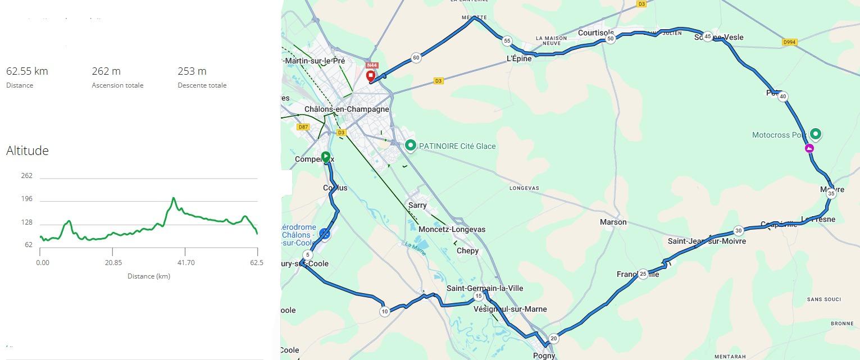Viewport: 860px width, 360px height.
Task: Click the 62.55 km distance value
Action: [x=27, y=71]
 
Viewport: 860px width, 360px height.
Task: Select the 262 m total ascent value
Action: [x=106, y=71]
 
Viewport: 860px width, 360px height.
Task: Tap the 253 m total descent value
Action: [x=192, y=71]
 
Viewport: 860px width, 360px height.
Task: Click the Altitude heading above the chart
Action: [x=28, y=151]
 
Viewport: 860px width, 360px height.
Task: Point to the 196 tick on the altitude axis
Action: [x=26, y=199]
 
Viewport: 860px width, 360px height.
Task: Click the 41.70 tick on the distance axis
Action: [x=186, y=262]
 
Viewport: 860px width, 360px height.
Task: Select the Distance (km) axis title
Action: [x=148, y=276]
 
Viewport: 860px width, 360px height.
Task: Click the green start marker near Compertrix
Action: [x=325, y=156]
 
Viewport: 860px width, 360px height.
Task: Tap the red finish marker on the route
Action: [x=371, y=76]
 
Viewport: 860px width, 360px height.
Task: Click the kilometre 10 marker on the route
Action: [x=384, y=311]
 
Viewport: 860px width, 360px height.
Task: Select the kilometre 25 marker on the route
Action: [x=643, y=274]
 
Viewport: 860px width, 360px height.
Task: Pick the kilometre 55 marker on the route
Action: [x=507, y=40]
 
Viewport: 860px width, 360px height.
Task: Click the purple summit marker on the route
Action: [x=809, y=148]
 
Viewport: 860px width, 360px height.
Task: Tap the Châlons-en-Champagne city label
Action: [x=347, y=109]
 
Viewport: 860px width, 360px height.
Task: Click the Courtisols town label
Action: [x=596, y=33]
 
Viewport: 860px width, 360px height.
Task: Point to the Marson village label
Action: [x=613, y=222]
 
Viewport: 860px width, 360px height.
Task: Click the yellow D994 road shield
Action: [x=789, y=42]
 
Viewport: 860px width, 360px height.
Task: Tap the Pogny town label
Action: [x=544, y=355]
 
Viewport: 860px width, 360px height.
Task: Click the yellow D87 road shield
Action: [x=303, y=127]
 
